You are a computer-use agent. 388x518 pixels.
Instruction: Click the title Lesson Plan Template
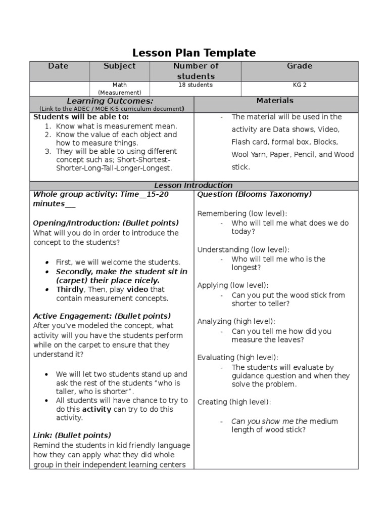click(194, 53)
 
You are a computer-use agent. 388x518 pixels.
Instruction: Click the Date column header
click(58, 66)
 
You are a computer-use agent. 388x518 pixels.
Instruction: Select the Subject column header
click(119, 66)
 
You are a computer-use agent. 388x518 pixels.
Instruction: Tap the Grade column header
click(300, 66)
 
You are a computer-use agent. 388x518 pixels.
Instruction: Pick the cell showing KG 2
click(300, 85)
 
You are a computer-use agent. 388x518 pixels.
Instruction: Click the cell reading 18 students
click(196, 85)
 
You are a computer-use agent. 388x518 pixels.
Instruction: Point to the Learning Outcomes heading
click(112, 101)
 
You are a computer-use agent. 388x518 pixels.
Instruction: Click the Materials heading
click(275, 101)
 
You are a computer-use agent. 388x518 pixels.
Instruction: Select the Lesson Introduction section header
click(193, 185)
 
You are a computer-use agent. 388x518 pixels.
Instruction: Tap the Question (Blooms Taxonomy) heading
click(254, 194)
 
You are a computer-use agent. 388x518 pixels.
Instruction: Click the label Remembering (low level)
click(242, 213)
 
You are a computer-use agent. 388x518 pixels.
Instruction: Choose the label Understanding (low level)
click(243, 249)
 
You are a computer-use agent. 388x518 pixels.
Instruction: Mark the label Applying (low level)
click(233, 285)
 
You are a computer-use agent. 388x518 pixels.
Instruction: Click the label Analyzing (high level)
click(236, 321)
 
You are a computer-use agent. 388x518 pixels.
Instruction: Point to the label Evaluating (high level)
click(237, 357)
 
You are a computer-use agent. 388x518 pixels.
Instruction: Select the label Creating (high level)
click(234, 402)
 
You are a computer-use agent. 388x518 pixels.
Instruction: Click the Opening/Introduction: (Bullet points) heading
click(106, 223)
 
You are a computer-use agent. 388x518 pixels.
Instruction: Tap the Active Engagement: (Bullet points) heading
click(102, 316)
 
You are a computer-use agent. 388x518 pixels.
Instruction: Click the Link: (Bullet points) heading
click(72, 435)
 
